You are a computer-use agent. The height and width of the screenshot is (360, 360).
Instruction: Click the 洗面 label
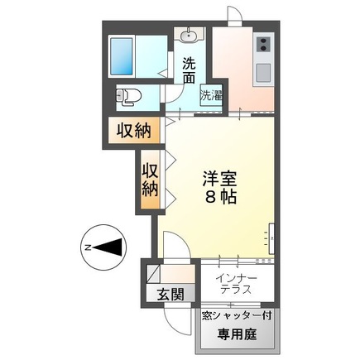tap(190, 70)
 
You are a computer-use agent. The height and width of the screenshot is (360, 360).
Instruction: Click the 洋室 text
tap(220, 179)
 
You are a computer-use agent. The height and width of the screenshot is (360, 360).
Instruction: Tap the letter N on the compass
tap(86, 247)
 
